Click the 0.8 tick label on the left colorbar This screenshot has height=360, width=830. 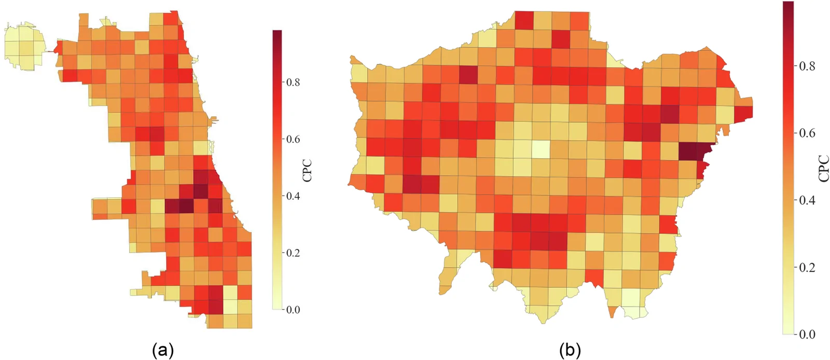[293, 82]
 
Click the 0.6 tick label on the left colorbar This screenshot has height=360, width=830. [293, 139]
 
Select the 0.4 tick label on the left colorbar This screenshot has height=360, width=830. [293, 196]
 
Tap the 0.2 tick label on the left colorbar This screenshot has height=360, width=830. [293, 253]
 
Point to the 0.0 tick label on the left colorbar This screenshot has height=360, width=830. [293, 310]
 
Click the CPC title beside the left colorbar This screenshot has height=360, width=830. [307, 170]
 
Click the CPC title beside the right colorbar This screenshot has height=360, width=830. [824, 169]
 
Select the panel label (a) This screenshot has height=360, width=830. [163, 350]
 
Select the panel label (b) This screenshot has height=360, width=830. [570, 350]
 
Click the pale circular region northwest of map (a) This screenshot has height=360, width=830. [23, 46]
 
